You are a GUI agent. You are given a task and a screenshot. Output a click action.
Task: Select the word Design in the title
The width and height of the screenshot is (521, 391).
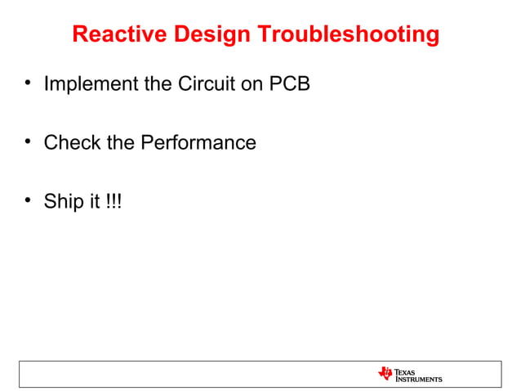click(212, 35)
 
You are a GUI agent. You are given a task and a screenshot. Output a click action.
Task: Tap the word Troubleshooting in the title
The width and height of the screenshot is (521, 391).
click(349, 35)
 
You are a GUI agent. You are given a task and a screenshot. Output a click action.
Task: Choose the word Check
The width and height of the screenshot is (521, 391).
click(72, 143)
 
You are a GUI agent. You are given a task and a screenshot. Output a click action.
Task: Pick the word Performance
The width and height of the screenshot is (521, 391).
click(198, 143)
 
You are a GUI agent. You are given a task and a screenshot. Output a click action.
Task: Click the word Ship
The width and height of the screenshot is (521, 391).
click(62, 202)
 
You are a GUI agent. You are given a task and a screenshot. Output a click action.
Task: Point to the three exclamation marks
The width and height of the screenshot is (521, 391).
click(114, 202)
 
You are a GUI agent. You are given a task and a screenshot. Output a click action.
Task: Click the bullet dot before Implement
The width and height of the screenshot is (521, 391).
click(29, 83)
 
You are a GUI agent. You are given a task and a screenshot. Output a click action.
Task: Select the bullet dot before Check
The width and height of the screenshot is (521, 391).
click(29, 142)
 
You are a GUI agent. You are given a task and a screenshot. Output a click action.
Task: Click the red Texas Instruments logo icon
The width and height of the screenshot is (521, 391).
click(385, 373)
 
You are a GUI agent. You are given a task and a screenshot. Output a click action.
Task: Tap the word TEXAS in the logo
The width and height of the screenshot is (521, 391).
click(406, 371)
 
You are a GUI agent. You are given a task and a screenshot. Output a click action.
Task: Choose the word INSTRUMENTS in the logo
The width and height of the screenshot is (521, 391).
click(419, 379)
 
